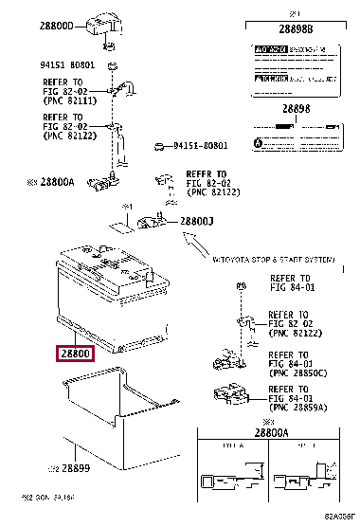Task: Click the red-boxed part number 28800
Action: pyautogui.click(x=75, y=354)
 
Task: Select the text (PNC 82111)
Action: pyautogui.click(x=69, y=100)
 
